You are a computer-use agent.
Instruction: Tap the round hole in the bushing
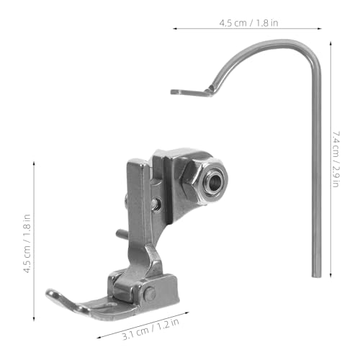click(x=215, y=181)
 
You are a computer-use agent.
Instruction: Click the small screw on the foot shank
click(x=156, y=203)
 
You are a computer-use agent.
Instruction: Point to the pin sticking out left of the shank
click(x=122, y=233)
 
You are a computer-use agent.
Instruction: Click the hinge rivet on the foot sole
click(x=150, y=294)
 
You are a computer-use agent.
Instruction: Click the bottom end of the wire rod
click(x=316, y=276)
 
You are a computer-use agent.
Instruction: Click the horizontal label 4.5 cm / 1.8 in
click(x=248, y=23)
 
